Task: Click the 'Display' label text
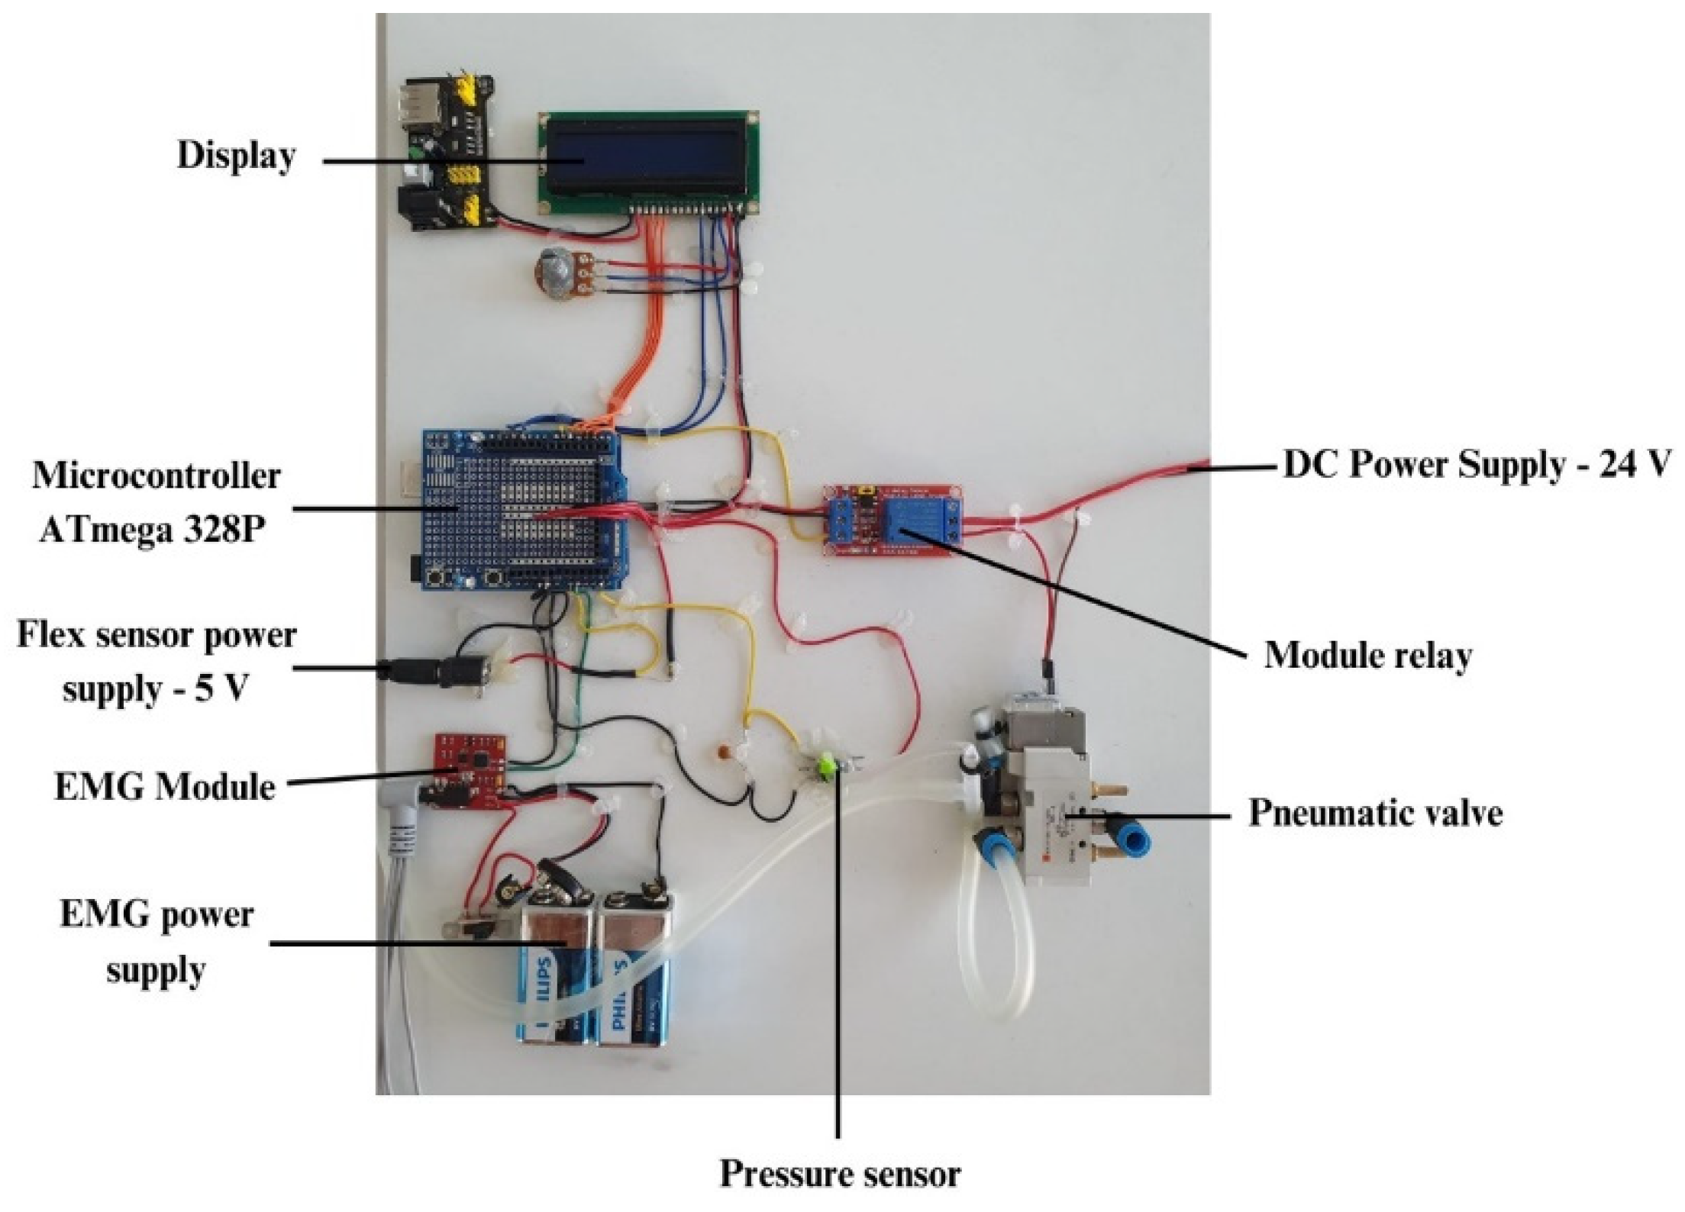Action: [x=236, y=156]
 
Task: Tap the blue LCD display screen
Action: [x=643, y=160]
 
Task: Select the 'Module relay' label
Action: [x=1367, y=655]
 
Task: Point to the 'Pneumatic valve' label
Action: [x=1375, y=813]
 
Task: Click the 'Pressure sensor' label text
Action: [x=839, y=1173]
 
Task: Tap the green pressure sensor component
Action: [x=827, y=763]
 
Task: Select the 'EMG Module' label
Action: [x=164, y=787]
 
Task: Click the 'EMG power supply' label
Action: [x=157, y=943]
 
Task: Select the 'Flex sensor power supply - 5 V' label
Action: [x=157, y=662]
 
